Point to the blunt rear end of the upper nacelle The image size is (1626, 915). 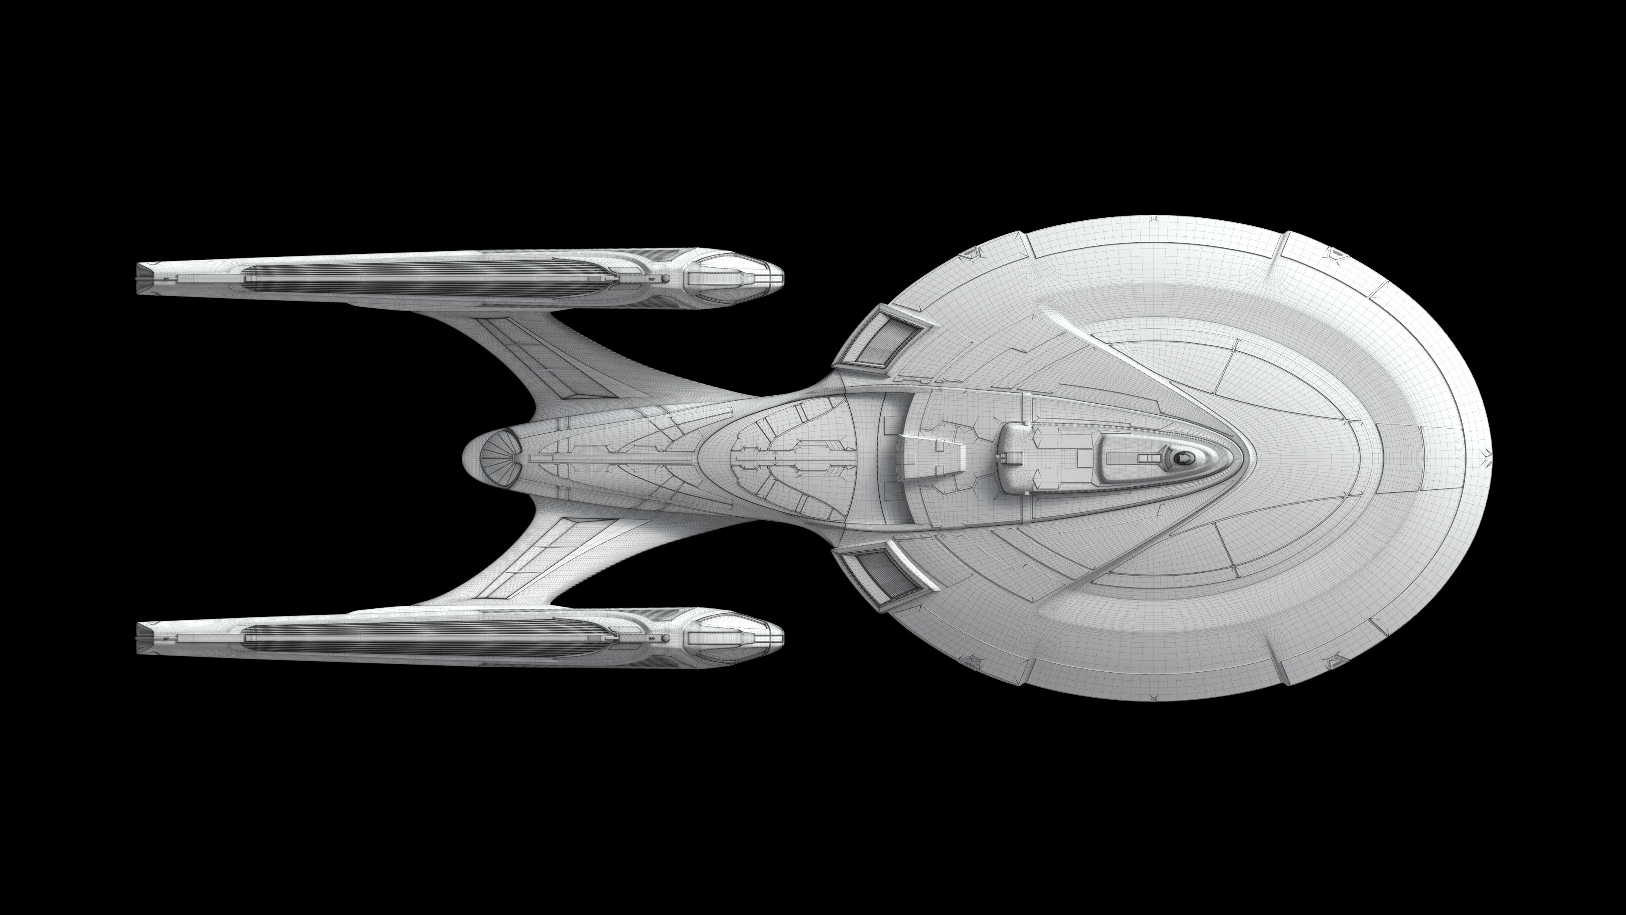pyautogui.click(x=140, y=278)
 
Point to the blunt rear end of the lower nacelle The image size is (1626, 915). pyautogui.click(x=140, y=638)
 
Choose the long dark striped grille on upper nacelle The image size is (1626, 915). pyautogui.click(x=423, y=278)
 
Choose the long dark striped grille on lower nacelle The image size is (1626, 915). pyautogui.click(x=423, y=638)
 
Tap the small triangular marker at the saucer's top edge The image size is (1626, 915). pyautogui.click(x=1154, y=220)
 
